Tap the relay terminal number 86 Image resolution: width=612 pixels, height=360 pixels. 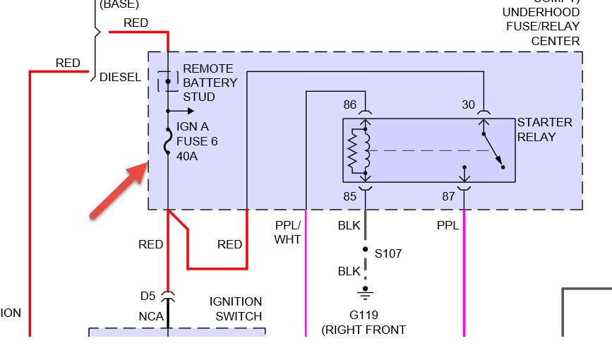(349, 105)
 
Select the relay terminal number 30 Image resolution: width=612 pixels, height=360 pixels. (468, 105)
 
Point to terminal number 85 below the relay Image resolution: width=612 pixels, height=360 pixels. (349, 197)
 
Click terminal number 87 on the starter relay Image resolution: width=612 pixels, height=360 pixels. (449, 197)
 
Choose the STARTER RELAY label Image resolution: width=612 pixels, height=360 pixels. (544, 129)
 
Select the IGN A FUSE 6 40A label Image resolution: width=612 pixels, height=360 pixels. (197, 141)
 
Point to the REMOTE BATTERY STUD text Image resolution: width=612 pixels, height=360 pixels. (210, 83)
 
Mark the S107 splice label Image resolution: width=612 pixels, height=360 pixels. (388, 253)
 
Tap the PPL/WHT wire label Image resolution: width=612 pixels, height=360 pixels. (288, 232)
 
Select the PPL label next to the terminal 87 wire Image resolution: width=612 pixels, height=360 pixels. (447, 226)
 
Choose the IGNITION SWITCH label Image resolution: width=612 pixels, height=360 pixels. (235, 309)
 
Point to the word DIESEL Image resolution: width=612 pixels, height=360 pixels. (120, 77)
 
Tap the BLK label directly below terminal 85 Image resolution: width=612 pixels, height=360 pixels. (349, 226)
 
